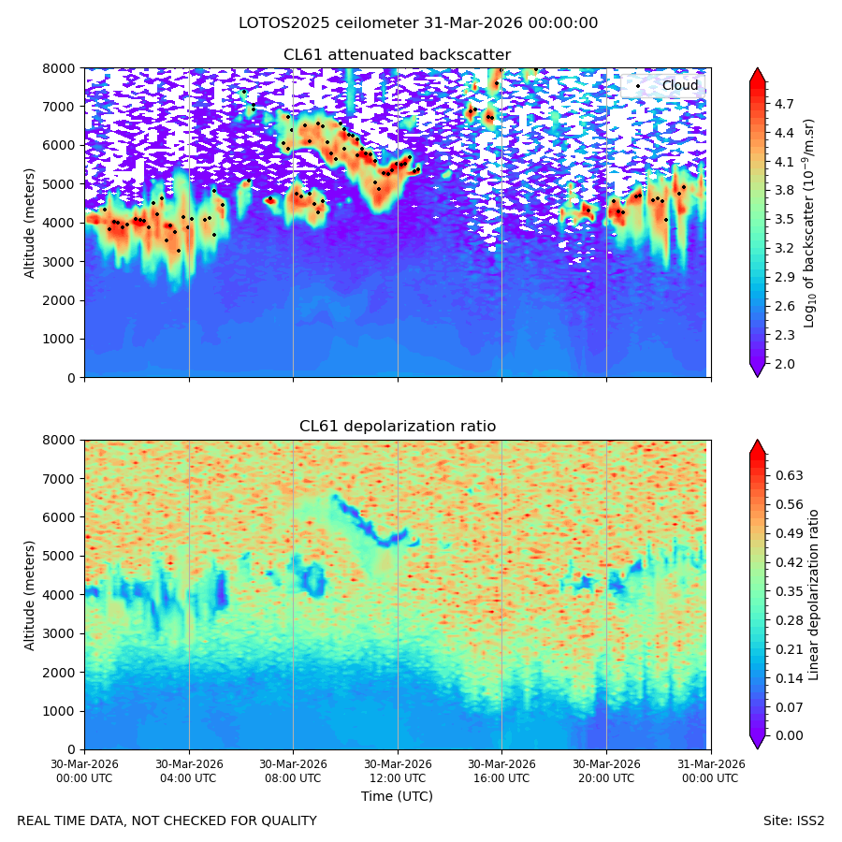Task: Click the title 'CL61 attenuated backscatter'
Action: pos(397,55)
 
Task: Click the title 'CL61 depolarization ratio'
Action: pos(398,427)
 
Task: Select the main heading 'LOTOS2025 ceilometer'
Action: pos(328,23)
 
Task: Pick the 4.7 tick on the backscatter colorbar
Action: pos(784,104)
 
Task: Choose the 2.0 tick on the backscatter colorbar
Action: pos(784,364)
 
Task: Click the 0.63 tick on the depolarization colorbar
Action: pos(789,476)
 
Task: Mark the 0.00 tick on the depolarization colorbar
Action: pos(789,735)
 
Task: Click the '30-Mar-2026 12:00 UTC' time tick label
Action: pos(398,771)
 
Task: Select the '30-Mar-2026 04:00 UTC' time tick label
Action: pos(189,771)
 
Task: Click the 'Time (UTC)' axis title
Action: pos(397,796)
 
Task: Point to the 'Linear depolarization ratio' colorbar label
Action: pos(813,595)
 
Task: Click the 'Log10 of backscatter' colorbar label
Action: pos(809,224)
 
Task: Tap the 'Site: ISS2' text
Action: pos(793,821)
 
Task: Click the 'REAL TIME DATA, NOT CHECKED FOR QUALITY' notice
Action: pos(167,821)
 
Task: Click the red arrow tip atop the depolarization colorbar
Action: pos(757,441)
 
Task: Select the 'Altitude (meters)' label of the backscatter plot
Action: pos(29,224)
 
